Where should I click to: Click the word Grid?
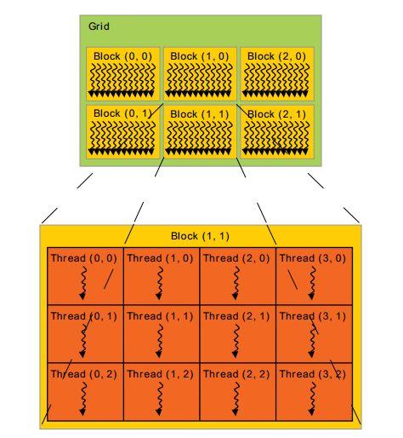point(99,26)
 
